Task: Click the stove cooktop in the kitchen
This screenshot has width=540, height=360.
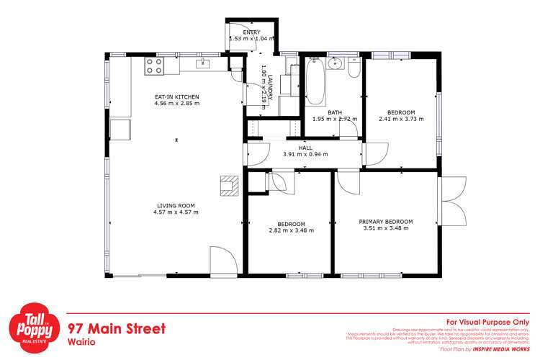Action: point(154,66)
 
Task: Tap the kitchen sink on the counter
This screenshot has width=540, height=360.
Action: point(204,64)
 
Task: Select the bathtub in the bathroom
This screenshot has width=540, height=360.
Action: point(315,84)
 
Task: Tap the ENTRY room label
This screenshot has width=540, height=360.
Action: point(251,32)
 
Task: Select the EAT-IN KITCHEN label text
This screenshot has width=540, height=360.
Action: point(176,96)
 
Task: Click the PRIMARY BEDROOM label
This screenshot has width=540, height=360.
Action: point(385,221)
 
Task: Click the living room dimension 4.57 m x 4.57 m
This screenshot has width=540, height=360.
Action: point(176,212)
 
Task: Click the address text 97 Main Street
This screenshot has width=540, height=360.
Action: point(116,328)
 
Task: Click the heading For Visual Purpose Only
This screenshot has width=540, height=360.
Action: point(487,322)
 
